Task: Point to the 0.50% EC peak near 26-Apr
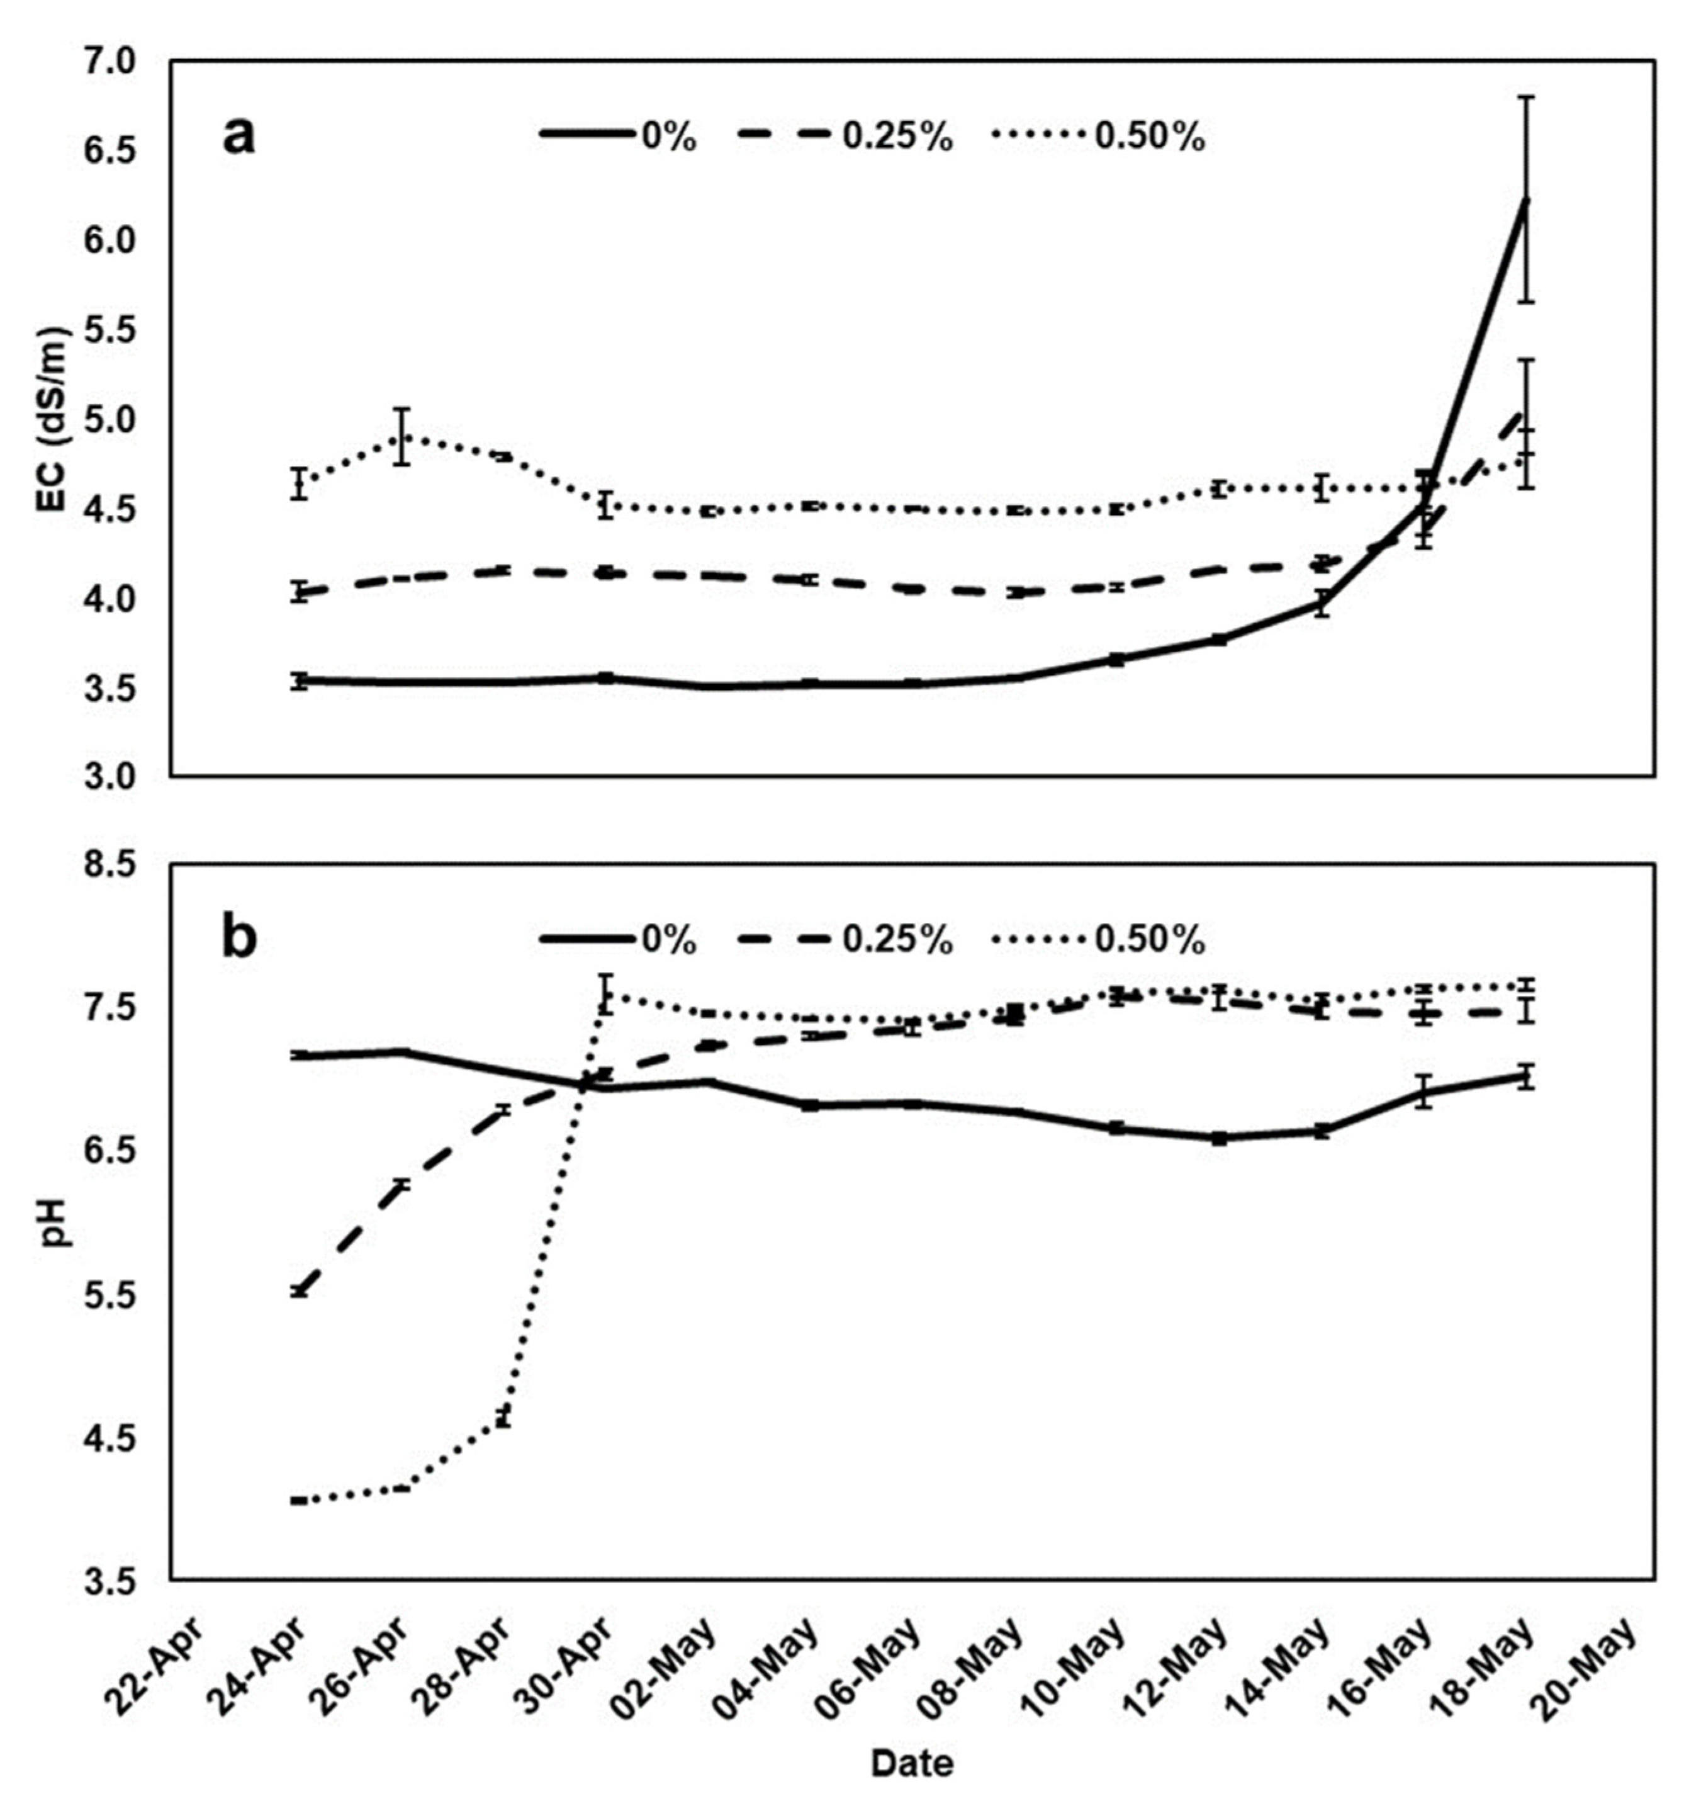click(402, 437)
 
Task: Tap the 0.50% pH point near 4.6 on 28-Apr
click(503, 1419)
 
